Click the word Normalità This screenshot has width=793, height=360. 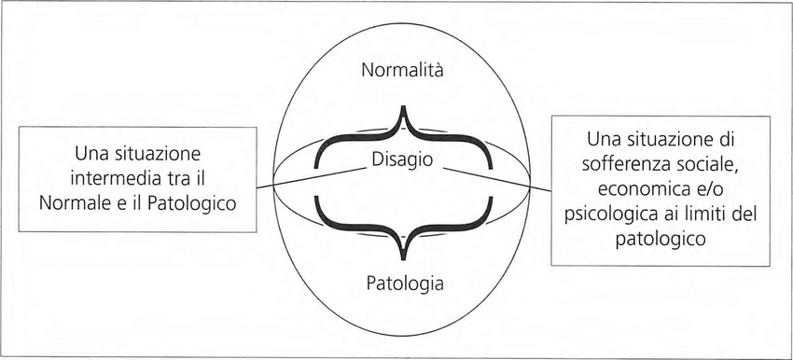click(x=403, y=70)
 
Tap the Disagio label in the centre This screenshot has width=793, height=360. click(x=403, y=159)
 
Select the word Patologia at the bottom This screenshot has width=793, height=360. click(x=405, y=284)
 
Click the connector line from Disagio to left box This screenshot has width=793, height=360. click(x=311, y=178)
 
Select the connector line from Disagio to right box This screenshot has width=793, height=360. click(x=497, y=180)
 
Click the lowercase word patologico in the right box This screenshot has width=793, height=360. click(x=661, y=239)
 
